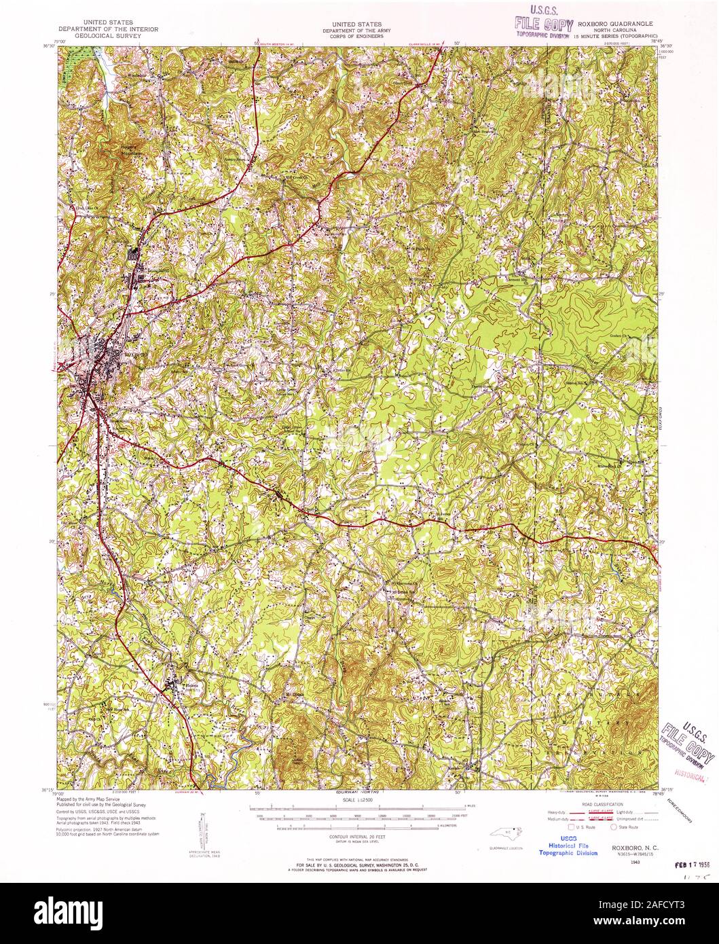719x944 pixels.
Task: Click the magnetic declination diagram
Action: [202, 830]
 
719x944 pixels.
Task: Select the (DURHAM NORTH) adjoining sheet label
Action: [358, 793]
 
